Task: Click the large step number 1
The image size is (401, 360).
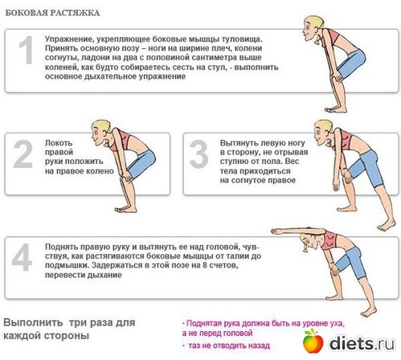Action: [27, 51]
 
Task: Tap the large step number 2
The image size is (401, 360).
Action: [23, 154]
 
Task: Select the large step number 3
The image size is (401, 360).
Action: [198, 154]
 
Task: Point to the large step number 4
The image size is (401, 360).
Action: [22, 257]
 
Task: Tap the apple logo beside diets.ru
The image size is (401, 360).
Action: [313, 341]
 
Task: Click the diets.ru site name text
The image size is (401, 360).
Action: [362, 343]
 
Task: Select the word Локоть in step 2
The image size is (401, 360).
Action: [59, 143]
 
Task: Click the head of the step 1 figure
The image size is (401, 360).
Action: [313, 27]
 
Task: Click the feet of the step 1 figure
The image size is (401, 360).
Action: [336, 109]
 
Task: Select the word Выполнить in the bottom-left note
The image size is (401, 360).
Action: [33, 322]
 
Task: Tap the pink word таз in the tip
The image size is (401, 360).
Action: [195, 346]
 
